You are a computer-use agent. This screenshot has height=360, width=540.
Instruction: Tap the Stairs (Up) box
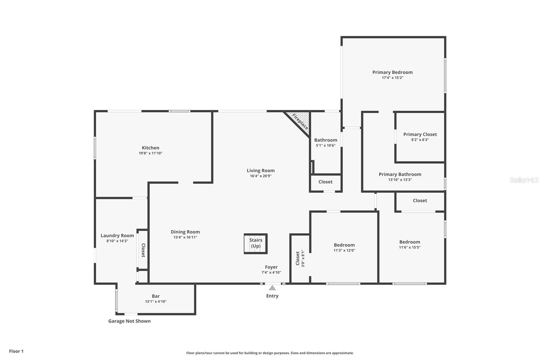pos(256,243)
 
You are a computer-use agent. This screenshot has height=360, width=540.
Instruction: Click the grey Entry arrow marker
pos(272,288)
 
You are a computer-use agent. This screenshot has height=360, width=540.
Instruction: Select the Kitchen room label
pos(151,148)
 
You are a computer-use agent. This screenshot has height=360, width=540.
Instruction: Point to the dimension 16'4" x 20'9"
pos(261,176)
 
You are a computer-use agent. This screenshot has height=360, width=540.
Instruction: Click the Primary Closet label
pos(420,134)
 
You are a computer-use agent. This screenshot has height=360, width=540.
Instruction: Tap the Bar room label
pos(156,296)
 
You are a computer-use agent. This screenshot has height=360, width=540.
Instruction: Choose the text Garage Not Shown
pos(129,321)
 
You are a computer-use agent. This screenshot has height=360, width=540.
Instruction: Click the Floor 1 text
pos(16,351)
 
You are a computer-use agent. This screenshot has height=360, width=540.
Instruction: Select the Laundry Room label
pos(117,235)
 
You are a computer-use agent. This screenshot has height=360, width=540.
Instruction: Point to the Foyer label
pos(271,267)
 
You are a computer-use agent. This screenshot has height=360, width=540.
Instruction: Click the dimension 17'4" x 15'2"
pos(393,78)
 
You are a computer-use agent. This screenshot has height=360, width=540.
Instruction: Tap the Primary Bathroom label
pos(400,174)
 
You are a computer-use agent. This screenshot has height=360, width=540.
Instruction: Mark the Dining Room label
pos(185,232)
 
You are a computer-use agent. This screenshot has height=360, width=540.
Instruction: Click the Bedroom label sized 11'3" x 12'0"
pos(344,245)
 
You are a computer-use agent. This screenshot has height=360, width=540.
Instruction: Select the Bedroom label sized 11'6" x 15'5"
pos(410,242)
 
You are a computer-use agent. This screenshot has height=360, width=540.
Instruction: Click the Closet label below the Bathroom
pos(325,182)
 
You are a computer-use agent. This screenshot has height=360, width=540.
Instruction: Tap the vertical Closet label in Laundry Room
pos(143,250)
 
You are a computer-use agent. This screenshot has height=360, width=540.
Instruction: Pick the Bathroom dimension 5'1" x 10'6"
pos(325,146)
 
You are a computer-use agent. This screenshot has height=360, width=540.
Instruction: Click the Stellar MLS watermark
pos(524,180)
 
